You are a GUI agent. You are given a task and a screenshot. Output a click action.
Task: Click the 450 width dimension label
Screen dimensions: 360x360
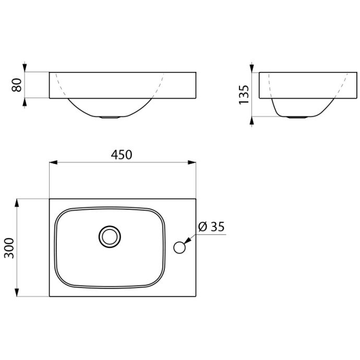tap(122, 154)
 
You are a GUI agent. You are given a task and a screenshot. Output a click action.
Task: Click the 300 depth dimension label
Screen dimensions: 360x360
tap(9, 248)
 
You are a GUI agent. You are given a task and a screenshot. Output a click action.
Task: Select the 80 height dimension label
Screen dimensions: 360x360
tap(17, 85)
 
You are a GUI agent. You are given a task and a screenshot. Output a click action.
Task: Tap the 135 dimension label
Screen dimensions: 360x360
tap(244, 95)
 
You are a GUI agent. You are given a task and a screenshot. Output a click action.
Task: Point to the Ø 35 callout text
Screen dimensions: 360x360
tap(211, 227)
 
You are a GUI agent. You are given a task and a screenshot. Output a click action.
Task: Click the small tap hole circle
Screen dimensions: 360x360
tap(179, 247)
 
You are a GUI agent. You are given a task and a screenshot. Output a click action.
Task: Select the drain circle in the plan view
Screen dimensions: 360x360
tap(110, 237)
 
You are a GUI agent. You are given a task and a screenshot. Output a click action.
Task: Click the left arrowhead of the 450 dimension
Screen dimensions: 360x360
tap(54, 162)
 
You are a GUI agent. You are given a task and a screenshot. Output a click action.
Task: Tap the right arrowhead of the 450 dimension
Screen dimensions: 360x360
tap(192, 162)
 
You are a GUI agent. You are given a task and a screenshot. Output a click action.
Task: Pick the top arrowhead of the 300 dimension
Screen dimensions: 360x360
tap(17, 203)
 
